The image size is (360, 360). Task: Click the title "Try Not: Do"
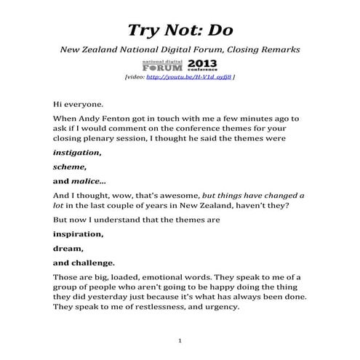[x=180, y=28]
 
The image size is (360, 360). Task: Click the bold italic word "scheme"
[x=69, y=167]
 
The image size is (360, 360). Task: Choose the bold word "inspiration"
[x=78, y=235]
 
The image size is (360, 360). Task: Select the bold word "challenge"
[x=89, y=263]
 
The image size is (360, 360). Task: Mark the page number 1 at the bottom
[x=180, y=340]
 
